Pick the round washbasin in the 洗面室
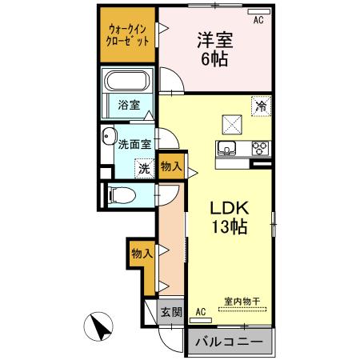click(109, 138)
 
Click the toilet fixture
click(119, 194)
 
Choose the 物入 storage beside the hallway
click(142, 254)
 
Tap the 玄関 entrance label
click(170, 312)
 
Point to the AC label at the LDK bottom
click(201, 310)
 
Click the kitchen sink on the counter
click(226, 147)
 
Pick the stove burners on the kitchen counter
click(260, 147)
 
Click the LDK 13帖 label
click(230, 217)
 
